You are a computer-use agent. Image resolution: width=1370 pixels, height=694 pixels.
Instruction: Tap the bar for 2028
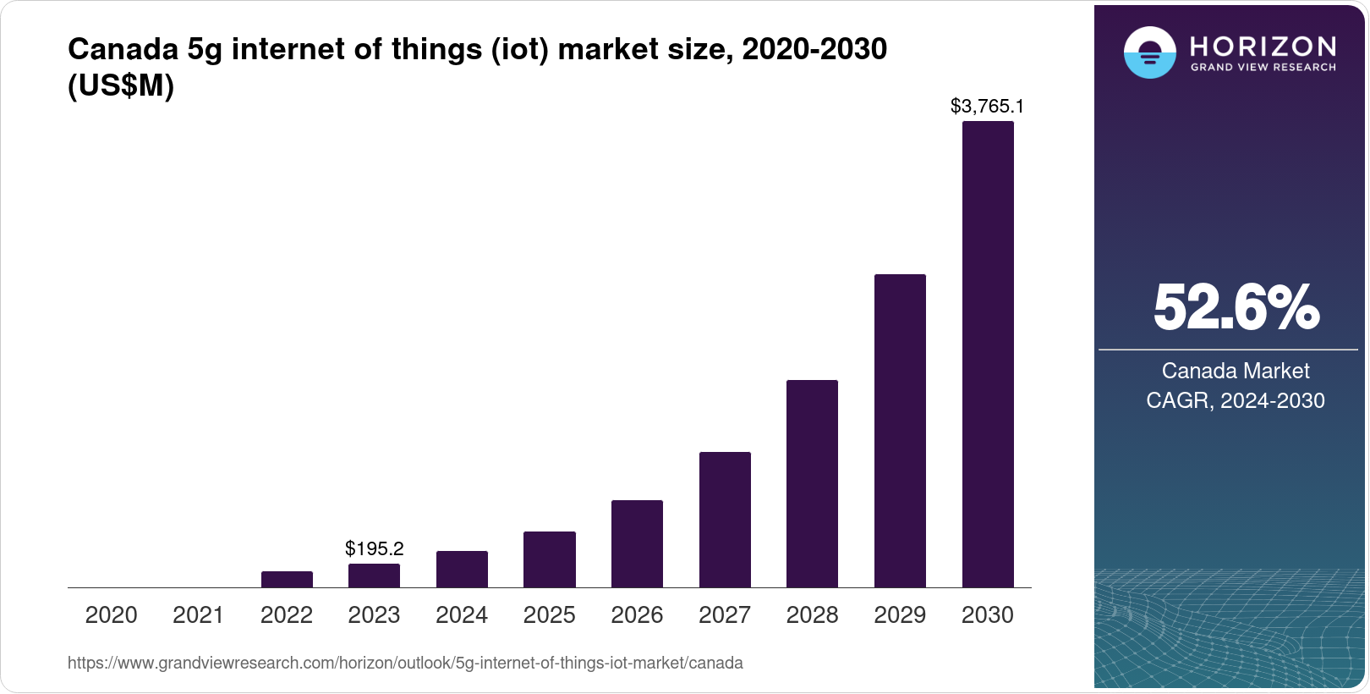812,483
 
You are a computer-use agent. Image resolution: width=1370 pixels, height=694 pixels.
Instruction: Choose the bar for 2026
637,543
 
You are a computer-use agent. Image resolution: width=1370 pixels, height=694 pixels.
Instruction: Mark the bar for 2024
462,569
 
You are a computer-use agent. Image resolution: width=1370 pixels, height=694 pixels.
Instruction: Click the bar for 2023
374,576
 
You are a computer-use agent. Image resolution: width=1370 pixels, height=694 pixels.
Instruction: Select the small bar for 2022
287,579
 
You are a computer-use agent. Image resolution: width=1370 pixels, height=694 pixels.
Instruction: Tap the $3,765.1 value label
987,106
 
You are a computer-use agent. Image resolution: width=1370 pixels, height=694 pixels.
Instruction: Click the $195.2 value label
374,548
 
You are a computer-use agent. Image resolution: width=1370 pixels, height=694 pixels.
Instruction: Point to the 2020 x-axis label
111,615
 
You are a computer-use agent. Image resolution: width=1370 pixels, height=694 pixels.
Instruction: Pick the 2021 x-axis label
199,615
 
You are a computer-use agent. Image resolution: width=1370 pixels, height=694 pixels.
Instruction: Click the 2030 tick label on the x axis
987,615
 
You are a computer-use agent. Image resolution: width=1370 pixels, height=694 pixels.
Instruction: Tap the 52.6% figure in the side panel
1236,307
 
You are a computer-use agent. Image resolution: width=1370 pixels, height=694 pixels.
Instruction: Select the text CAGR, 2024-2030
1236,400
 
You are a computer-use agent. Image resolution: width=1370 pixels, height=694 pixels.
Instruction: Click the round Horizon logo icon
1149,52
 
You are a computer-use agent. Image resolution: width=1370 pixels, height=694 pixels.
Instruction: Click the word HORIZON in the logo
1263,46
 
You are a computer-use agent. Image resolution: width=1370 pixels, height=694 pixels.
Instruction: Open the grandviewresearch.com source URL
405,664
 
